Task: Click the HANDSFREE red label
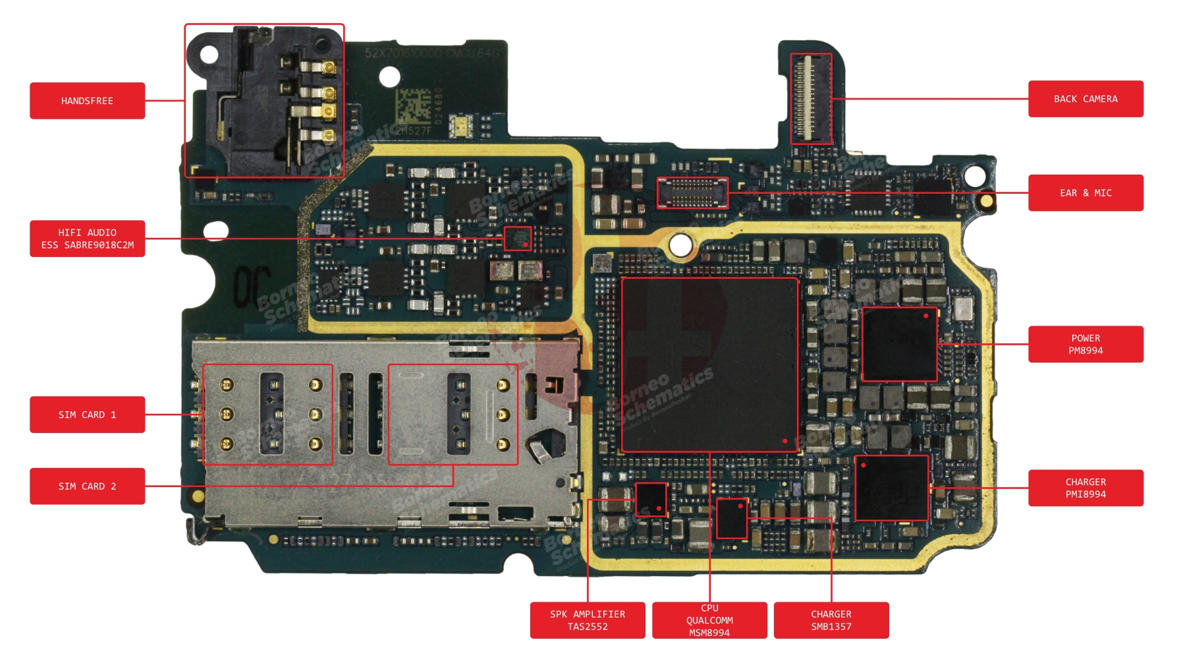click(87, 101)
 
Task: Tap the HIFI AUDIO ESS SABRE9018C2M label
click(87, 239)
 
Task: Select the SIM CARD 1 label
click(87, 415)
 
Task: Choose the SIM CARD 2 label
click(87, 486)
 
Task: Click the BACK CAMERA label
click(1085, 99)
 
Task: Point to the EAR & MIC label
click(1085, 193)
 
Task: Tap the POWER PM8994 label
click(1085, 344)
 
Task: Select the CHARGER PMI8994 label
click(1085, 488)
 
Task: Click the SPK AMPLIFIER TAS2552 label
click(588, 620)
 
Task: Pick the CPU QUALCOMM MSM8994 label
click(709, 620)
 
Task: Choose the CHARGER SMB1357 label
click(831, 620)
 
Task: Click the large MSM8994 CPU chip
click(709, 364)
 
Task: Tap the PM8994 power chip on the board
click(899, 344)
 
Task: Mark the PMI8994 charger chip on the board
click(892, 488)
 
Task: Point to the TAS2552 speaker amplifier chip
click(651, 500)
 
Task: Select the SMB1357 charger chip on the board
click(732, 518)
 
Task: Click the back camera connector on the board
click(811, 99)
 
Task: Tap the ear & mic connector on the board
click(692, 192)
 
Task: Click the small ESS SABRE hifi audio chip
click(518, 239)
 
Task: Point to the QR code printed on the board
click(412, 105)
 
